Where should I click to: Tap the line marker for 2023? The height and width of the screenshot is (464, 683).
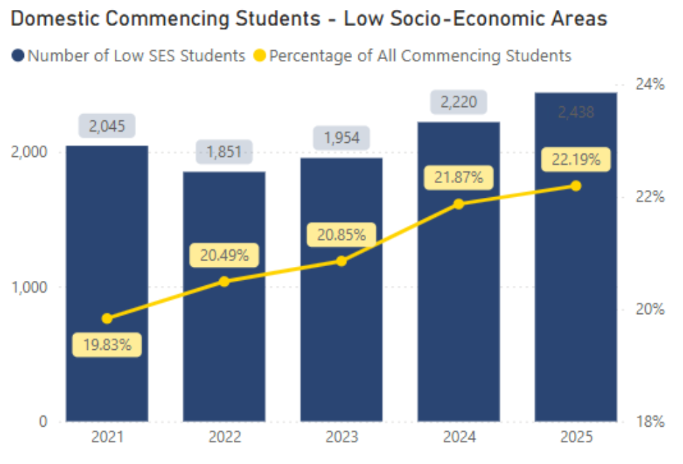(341, 261)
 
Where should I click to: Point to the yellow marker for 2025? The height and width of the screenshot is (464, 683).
(575, 186)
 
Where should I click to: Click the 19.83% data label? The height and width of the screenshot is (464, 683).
(106, 345)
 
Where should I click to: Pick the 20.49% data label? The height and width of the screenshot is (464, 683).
(224, 256)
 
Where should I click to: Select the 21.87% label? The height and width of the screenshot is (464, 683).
(458, 178)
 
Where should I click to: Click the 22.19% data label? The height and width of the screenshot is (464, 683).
(575, 161)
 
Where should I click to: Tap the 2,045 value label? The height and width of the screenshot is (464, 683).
(106, 126)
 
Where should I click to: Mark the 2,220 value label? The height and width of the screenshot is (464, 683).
(458, 103)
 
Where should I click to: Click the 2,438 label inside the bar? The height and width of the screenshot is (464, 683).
(575, 112)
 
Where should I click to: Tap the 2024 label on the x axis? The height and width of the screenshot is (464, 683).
(458, 437)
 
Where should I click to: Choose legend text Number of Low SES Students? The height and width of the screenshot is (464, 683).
(136, 55)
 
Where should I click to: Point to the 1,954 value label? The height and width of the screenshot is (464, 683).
(341, 138)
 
